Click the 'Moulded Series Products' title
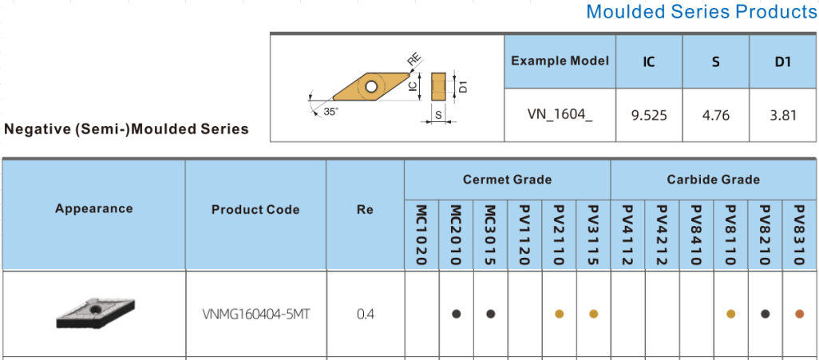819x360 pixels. (x=701, y=12)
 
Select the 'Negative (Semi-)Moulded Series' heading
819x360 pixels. (x=126, y=129)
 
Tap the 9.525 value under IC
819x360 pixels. (x=648, y=115)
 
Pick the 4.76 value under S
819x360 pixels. (x=716, y=115)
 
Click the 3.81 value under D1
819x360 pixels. (x=783, y=115)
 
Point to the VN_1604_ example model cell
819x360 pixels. (x=560, y=115)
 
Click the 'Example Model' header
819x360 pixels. (x=560, y=61)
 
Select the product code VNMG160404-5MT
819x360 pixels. (x=256, y=314)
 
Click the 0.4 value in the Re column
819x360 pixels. (x=365, y=314)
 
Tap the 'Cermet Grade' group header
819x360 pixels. (x=507, y=180)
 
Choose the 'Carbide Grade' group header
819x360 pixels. (x=713, y=180)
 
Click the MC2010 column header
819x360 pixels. (x=456, y=235)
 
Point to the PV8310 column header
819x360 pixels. (x=799, y=235)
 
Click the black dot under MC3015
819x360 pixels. (x=490, y=314)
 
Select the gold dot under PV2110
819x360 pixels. (x=559, y=314)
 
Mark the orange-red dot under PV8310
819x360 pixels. (x=799, y=314)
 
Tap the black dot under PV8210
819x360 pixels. (x=765, y=314)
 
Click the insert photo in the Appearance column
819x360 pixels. (x=95, y=313)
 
